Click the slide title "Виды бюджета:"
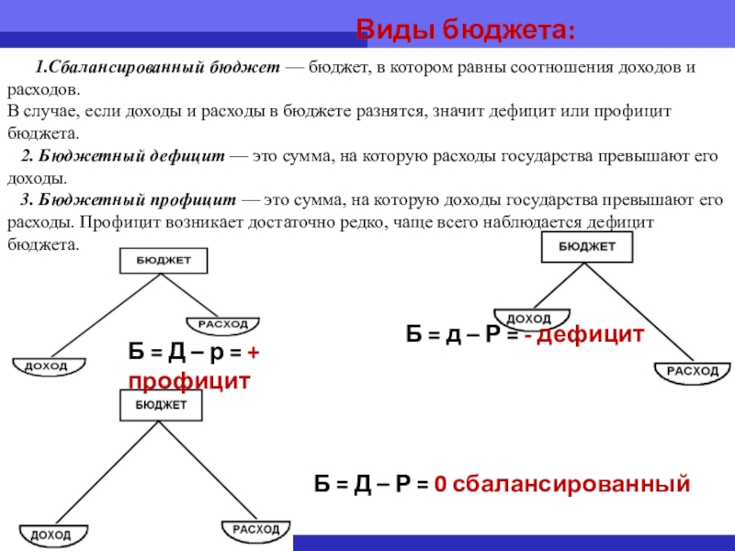coord(466,29)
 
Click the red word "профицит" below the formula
coord(189,380)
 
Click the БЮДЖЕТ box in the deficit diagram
coord(587,246)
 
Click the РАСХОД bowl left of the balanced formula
coord(254,530)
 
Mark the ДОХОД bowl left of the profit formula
coord(46,366)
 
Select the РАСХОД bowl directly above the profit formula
coord(223,325)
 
